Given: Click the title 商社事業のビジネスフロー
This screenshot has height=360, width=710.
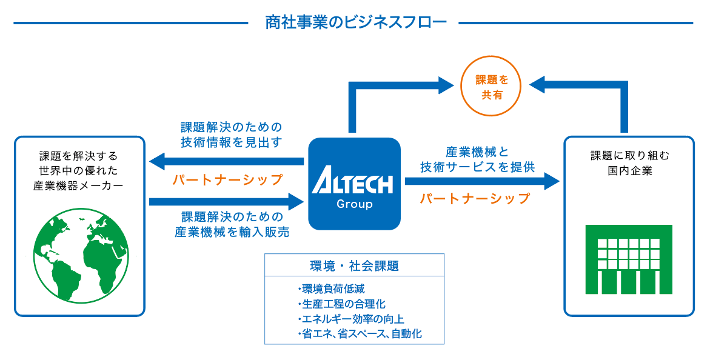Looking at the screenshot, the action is [355, 22].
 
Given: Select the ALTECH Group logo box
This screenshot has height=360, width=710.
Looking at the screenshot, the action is [355, 184].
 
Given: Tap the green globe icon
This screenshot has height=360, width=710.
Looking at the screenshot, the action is [81, 256].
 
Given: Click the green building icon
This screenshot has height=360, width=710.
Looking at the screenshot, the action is [629, 259].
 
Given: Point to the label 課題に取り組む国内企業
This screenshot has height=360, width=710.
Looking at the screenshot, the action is [630, 163].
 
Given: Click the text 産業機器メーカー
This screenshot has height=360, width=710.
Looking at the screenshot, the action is [78, 185].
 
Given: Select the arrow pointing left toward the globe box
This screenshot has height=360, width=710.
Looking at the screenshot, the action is [226, 161].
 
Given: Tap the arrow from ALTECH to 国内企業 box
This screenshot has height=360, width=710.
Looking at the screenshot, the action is [483, 181].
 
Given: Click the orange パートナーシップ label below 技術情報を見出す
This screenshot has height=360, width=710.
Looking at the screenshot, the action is [228, 179].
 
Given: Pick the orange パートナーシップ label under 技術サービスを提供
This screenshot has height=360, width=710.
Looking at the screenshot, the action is [475, 198].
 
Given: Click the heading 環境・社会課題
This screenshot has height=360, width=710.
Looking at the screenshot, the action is [354, 266].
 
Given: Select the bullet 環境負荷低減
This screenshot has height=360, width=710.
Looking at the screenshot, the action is [331, 288].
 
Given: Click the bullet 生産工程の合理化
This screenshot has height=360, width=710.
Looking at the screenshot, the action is [341, 304].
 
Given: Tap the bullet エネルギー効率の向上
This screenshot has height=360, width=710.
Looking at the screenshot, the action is [350, 319].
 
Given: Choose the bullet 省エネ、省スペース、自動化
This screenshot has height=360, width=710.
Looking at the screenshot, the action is [360, 334].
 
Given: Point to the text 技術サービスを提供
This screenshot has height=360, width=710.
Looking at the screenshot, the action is [478, 167].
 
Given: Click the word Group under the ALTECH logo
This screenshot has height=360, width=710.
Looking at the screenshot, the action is [355, 204].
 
